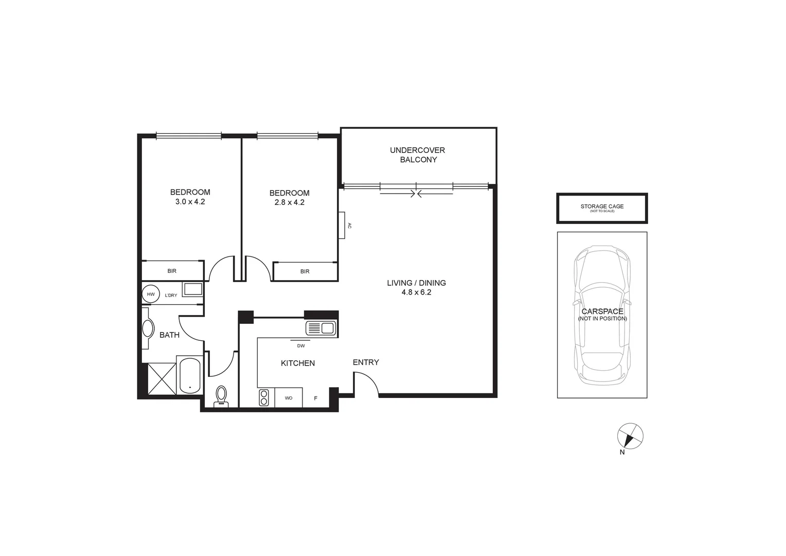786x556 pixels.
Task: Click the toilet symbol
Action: [222, 396]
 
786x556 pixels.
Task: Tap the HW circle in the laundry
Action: [151, 294]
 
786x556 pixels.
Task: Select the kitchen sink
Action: [321, 328]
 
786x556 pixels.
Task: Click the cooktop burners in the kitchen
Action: [264, 397]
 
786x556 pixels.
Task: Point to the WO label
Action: [289, 398]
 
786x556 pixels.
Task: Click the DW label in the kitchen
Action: [301, 345]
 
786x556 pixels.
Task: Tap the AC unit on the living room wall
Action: [342, 225]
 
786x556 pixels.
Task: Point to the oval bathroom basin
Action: [148, 328]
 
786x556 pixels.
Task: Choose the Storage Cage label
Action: [602, 206]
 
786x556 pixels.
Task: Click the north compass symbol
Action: [630, 437]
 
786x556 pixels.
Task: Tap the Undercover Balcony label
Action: [417, 155]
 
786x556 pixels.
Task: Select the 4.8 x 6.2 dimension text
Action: [416, 292]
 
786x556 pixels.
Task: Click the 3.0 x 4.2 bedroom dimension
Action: [190, 202]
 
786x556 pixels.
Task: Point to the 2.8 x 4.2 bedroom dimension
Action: [289, 202]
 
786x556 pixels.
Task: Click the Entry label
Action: [366, 362]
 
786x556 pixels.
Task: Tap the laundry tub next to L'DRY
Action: [193, 289]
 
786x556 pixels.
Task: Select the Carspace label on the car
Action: [602, 311]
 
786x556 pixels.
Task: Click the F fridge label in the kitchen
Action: [316, 398]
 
